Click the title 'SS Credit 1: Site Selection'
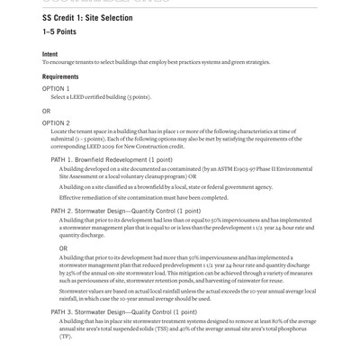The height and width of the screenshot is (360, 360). pyautogui.click(x=87, y=19)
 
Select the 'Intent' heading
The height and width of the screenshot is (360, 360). pyautogui.click(x=50, y=54)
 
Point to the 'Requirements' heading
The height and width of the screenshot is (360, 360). pyautogui.click(x=60, y=77)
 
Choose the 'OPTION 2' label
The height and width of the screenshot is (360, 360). pyautogui.click(x=56, y=122)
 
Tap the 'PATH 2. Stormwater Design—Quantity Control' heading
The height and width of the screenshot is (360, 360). pyautogui.click(x=138, y=211)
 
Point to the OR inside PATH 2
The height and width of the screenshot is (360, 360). pyautogui.click(x=64, y=247)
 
